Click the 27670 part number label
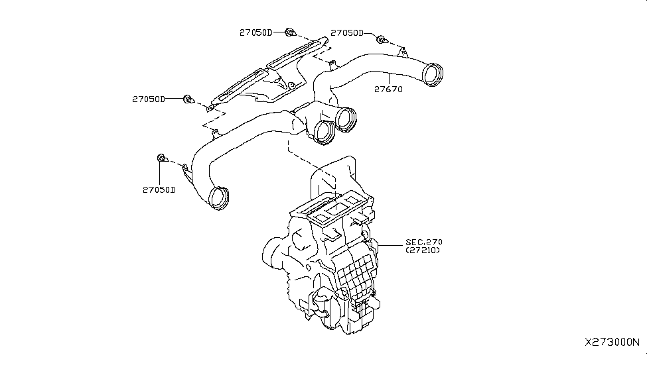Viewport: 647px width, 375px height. click(388, 89)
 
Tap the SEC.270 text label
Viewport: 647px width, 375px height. click(424, 242)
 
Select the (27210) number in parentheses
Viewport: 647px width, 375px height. click(424, 251)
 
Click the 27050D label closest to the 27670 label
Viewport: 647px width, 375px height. click(347, 32)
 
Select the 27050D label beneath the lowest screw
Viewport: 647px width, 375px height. click(159, 189)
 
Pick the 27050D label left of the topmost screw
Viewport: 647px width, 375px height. click(256, 32)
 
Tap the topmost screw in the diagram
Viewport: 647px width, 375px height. click(290, 31)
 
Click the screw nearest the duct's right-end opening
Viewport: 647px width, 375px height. click(381, 40)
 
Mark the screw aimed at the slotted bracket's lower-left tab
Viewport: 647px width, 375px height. click(188, 100)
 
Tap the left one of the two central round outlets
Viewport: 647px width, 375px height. click(324, 131)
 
